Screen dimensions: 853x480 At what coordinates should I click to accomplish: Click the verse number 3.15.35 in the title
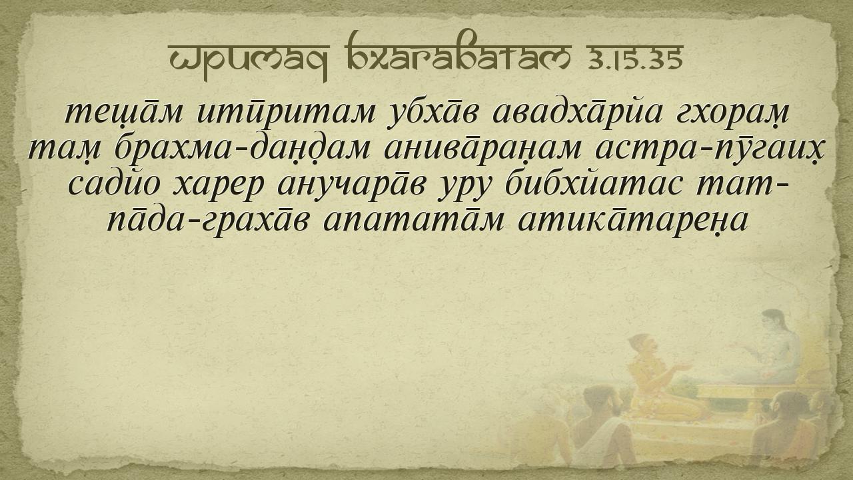tap(635, 59)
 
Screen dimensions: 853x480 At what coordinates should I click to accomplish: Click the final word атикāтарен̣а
tap(632, 220)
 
